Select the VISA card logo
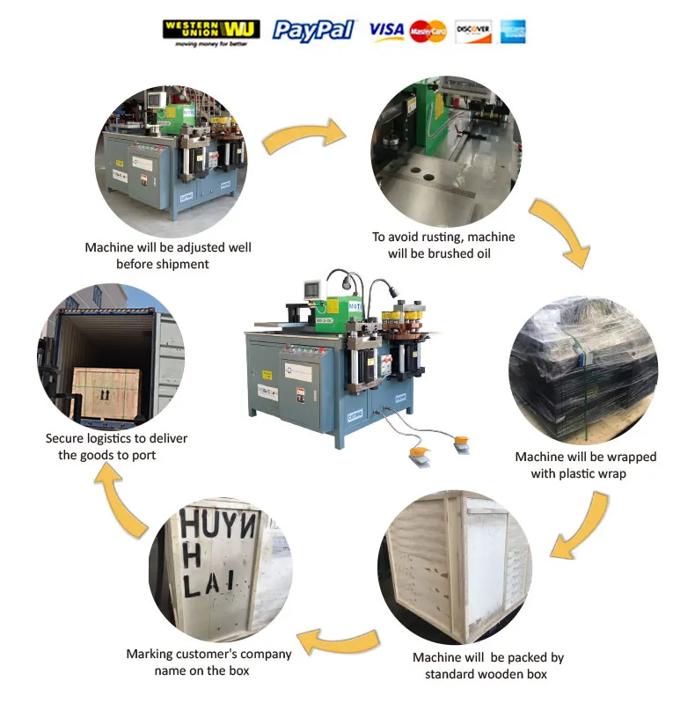[x=386, y=32]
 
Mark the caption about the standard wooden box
[x=487, y=665]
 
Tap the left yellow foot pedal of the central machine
[x=420, y=454]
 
